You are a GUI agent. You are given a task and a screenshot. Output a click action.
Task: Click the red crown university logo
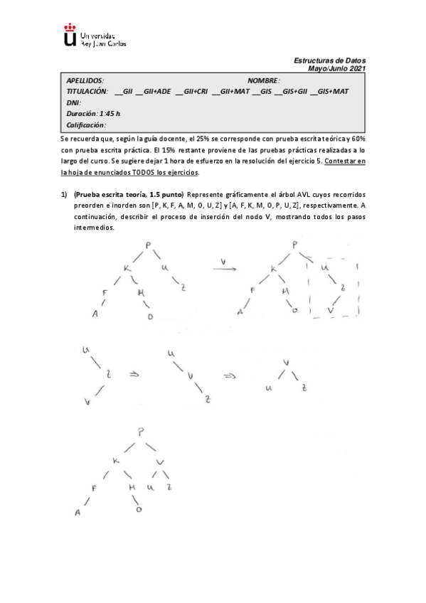tap(70, 35)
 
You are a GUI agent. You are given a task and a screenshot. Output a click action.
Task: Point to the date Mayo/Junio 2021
tap(337, 68)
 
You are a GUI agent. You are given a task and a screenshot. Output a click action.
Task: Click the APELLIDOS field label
tap(85, 81)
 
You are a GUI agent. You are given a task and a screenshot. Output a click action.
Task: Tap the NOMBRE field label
tap(264, 81)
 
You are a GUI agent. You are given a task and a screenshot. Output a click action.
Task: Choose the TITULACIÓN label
tap(87, 92)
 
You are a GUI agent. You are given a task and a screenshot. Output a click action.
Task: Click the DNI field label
tap(73, 102)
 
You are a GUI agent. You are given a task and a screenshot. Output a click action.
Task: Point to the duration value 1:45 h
tap(110, 114)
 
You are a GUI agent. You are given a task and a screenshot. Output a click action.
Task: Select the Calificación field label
tap(86, 125)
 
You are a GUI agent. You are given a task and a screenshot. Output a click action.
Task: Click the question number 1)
tap(64, 195)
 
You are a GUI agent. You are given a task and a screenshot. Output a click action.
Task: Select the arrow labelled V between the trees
tap(224, 265)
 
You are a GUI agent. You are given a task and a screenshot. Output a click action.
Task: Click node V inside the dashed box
tap(330, 311)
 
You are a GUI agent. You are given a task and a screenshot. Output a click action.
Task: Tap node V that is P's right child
tap(160, 463)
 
